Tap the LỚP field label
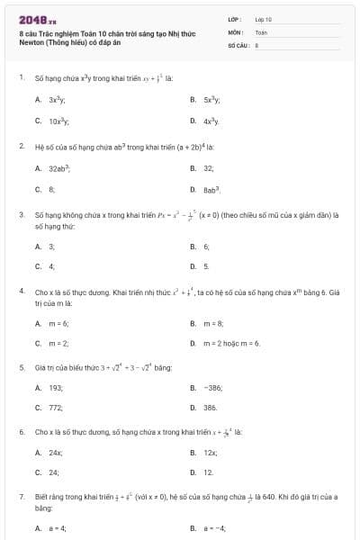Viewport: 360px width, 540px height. point(235,19)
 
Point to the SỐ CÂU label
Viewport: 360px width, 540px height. point(238,44)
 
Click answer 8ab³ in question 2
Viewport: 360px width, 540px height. point(212,190)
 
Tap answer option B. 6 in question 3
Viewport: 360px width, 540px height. point(206,245)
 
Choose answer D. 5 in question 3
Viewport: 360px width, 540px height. point(206,266)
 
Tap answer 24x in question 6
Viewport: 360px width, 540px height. point(56,452)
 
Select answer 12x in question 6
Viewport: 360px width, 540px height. point(211,452)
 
